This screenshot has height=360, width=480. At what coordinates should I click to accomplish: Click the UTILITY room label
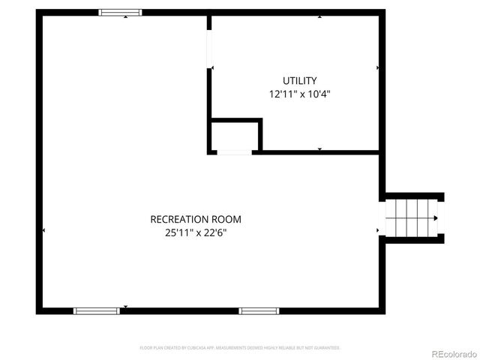(x=299, y=81)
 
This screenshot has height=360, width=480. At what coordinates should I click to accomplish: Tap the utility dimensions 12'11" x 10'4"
(x=299, y=94)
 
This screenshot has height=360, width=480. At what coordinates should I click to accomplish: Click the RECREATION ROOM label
(x=196, y=219)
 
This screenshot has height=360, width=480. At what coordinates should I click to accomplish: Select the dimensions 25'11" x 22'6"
(x=196, y=232)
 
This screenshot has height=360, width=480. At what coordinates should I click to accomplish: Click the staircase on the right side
(x=410, y=218)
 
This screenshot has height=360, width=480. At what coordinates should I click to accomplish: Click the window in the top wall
(x=120, y=13)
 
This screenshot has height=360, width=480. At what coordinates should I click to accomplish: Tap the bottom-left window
(x=96, y=310)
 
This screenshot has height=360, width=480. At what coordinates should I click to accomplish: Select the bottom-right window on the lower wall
(x=259, y=310)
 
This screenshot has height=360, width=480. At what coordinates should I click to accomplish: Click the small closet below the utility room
(x=235, y=136)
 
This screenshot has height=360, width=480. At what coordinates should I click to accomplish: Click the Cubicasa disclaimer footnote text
(x=240, y=348)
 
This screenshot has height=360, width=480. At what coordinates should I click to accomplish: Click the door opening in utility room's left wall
(x=210, y=49)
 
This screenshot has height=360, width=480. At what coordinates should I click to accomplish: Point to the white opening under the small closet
(x=234, y=152)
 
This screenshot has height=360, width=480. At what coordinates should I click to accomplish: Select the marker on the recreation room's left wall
(x=44, y=230)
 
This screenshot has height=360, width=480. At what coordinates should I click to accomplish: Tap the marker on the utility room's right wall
(x=377, y=67)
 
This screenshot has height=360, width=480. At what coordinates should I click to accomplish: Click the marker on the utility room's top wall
(x=319, y=16)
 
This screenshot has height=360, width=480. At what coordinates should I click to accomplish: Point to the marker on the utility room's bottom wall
(x=319, y=149)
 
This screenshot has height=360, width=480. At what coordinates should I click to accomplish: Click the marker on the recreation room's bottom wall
(x=125, y=306)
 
